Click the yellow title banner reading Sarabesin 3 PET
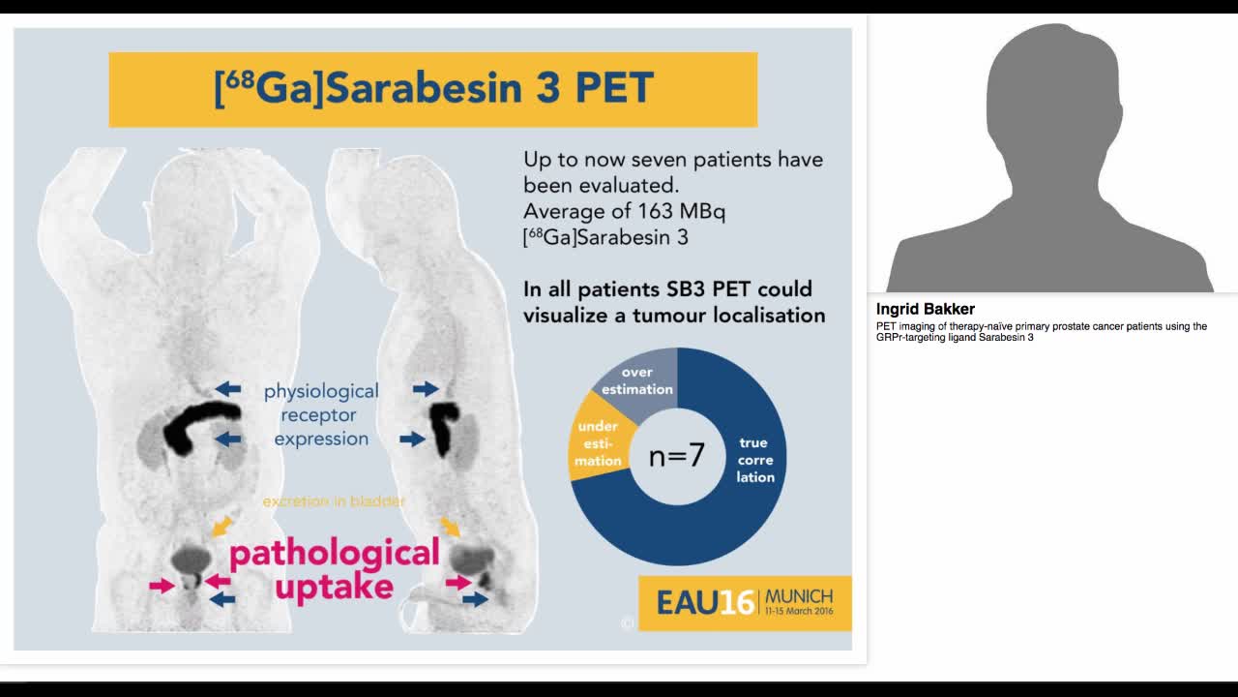(x=432, y=89)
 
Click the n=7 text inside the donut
(x=676, y=455)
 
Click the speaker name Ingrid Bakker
(x=925, y=309)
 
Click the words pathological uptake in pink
(x=334, y=569)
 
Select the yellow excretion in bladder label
(x=334, y=501)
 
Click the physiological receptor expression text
(x=321, y=415)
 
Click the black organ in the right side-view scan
(x=444, y=427)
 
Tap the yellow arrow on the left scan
(x=221, y=526)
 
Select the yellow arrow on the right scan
(x=450, y=526)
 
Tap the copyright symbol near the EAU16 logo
(x=627, y=623)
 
